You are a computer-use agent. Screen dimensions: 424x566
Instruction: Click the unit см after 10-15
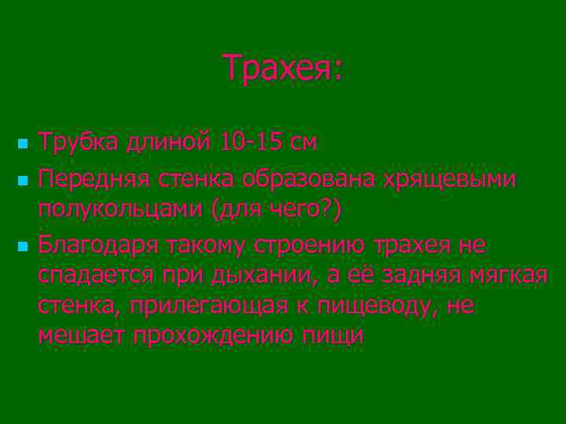click(303, 142)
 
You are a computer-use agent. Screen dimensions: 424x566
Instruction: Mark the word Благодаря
click(104, 245)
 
